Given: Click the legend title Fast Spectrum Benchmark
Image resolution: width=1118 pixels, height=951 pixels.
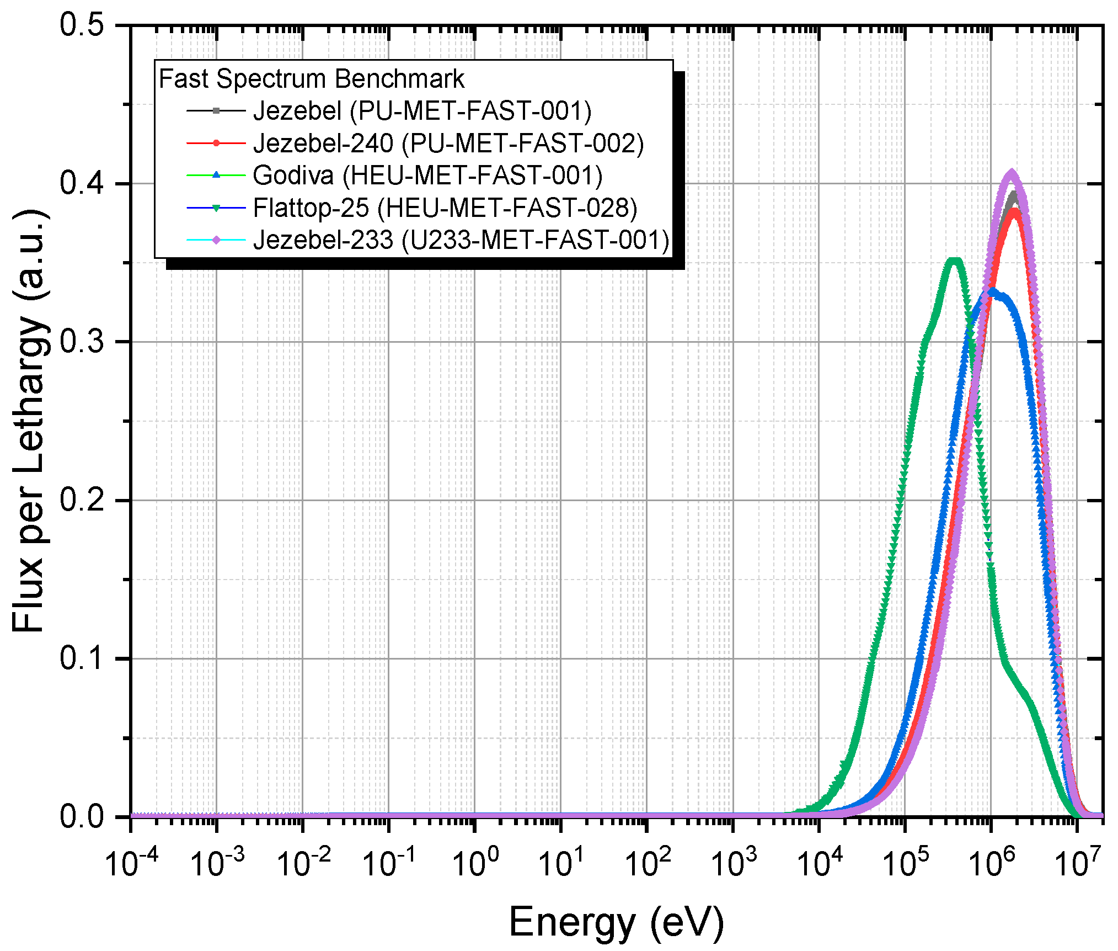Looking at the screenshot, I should (311, 78).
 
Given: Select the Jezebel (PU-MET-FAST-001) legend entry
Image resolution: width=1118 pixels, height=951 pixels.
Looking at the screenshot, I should (422, 111).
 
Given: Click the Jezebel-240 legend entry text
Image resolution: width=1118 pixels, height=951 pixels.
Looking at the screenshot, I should (448, 144).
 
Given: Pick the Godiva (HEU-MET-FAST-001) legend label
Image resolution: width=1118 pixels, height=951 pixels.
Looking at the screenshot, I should (427, 176).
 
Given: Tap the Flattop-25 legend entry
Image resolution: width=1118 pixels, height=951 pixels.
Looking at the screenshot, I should (445, 208).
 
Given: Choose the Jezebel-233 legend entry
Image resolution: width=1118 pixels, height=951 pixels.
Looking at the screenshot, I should (461, 240).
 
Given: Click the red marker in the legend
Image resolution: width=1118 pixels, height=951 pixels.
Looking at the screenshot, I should (216, 144).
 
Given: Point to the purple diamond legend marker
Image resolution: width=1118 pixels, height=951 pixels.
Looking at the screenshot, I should (216, 240).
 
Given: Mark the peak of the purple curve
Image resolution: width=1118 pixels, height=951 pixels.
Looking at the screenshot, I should (1012, 172).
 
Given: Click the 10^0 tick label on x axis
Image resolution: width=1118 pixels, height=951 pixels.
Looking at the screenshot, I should (475, 862).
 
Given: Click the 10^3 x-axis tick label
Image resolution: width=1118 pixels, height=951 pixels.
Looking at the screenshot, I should (733, 862).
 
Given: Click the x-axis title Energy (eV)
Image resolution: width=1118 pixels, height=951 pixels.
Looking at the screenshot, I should (616, 922).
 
